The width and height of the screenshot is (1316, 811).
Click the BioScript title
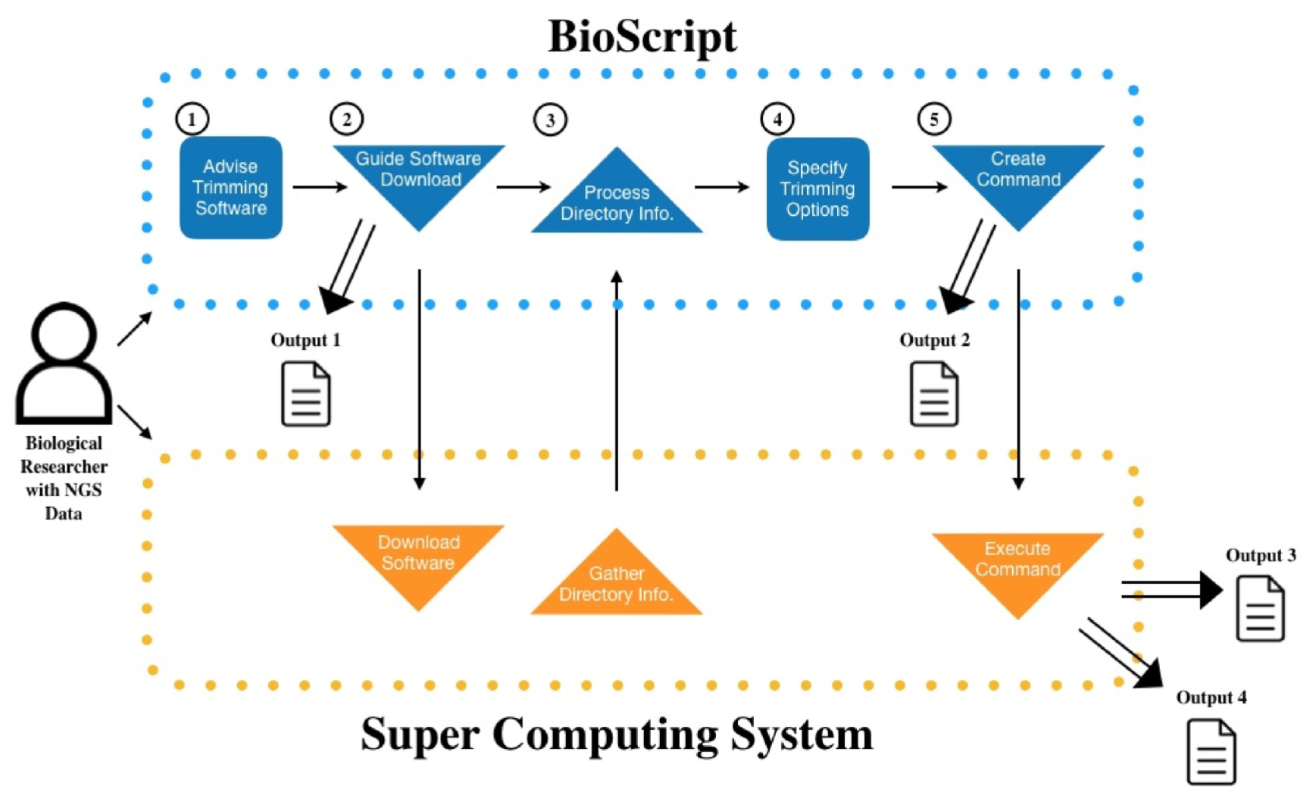(642, 36)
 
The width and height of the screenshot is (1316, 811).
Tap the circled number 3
(550, 120)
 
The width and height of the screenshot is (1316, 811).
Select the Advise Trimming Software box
(231, 188)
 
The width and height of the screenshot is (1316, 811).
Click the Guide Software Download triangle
(419, 178)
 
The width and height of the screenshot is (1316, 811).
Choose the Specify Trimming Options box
(817, 189)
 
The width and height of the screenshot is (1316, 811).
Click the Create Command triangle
(1017, 178)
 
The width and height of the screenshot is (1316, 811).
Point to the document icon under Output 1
(305, 394)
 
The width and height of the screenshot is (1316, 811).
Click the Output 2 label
(934, 340)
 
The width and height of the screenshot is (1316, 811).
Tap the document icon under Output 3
(1260, 609)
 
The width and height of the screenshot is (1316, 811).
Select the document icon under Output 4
(1211, 752)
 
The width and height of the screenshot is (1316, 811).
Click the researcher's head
(64, 332)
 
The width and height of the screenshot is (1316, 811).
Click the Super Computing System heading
(617, 734)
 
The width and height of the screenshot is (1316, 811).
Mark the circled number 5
(933, 119)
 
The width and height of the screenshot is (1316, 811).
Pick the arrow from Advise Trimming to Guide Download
(319, 186)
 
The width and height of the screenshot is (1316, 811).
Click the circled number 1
(192, 119)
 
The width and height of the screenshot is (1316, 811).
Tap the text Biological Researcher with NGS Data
(64, 478)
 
